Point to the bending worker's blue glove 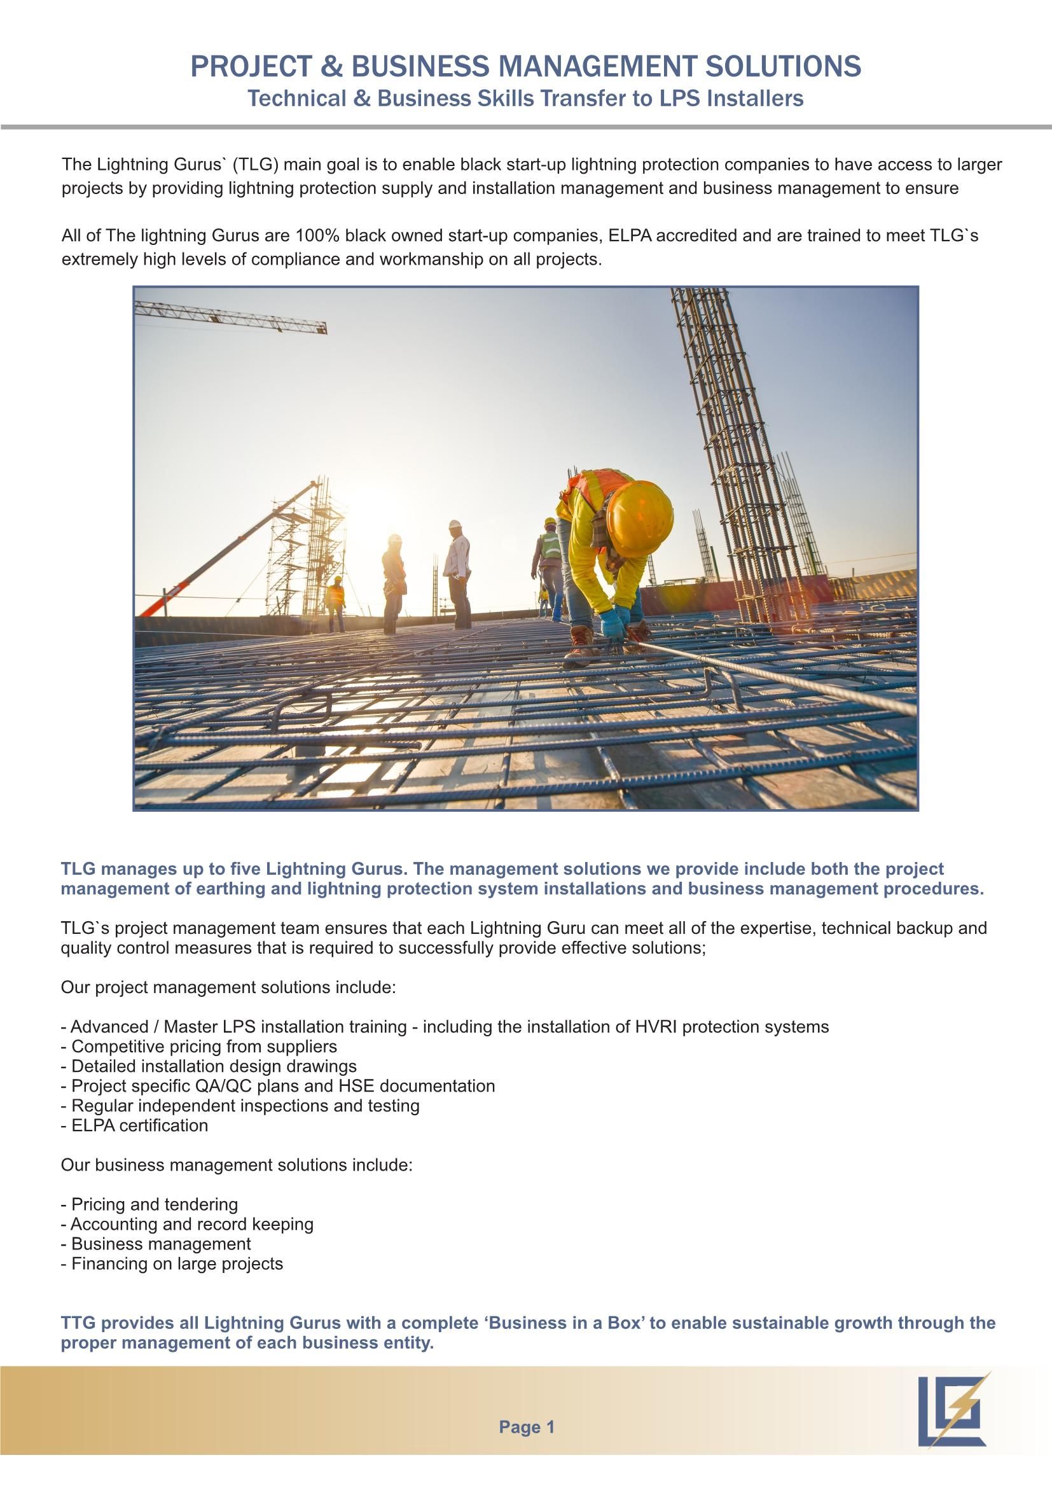pyautogui.click(x=611, y=622)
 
